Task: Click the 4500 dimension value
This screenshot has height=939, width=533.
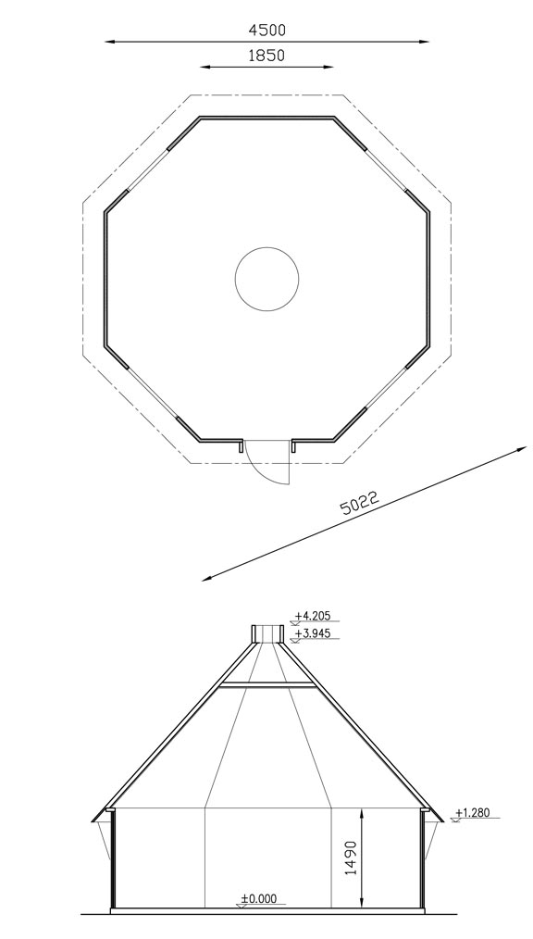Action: coord(266,30)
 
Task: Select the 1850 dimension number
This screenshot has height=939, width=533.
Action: coord(266,55)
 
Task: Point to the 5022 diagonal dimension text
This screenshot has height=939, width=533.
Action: coord(360,503)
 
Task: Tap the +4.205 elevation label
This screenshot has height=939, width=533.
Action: coord(312,616)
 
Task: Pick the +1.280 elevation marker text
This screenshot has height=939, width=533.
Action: coord(473,813)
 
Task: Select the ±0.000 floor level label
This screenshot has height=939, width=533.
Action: coord(259,898)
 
